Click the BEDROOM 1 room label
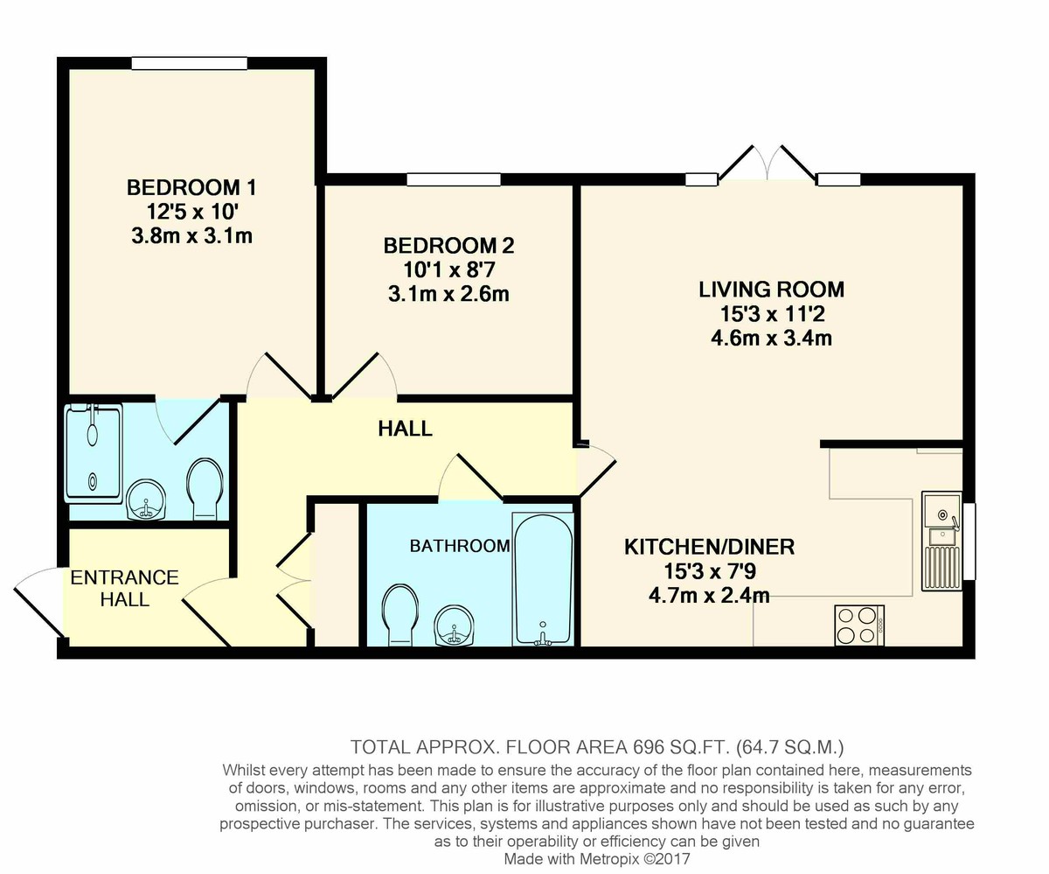(x=191, y=187)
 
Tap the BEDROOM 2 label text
(x=448, y=246)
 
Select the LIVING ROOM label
(x=771, y=290)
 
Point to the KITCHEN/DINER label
(x=709, y=547)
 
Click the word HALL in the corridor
(x=405, y=429)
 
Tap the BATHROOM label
(x=460, y=546)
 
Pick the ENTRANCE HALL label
(x=125, y=589)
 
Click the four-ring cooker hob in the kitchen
(x=859, y=626)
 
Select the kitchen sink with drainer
(x=941, y=541)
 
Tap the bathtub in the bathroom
(x=543, y=579)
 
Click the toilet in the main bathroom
(x=399, y=614)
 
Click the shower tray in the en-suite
(x=94, y=453)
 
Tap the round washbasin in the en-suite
(x=145, y=499)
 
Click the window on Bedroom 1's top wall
(x=190, y=63)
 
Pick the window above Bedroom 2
(x=454, y=179)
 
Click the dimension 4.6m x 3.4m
(x=771, y=338)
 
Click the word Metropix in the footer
(x=609, y=859)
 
